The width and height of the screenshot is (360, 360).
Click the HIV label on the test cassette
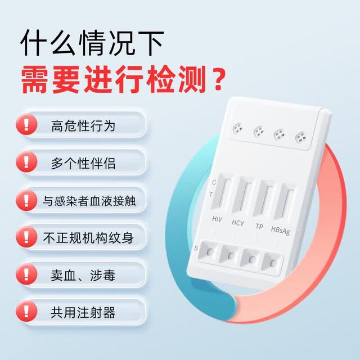[217, 219]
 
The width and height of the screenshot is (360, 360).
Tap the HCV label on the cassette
[237, 223]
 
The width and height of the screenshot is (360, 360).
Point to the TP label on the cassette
[259, 226]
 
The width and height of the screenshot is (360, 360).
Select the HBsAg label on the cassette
[280, 231]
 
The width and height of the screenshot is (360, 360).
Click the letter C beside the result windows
[214, 182]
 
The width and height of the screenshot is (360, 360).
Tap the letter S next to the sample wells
[196, 248]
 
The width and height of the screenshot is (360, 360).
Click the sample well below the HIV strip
[210, 252]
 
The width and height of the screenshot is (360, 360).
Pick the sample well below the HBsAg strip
[273, 263]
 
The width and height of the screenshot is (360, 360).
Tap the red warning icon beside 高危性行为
[26, 124]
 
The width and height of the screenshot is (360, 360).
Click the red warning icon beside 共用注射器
[26, 311]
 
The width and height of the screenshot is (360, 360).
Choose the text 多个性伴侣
[83, 164]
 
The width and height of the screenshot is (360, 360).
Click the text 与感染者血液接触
[89, 201]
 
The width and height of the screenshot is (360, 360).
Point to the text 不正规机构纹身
[88, 238]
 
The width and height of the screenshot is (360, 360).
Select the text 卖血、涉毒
[83, 275]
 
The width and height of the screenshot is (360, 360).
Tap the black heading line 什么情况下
[92, 43]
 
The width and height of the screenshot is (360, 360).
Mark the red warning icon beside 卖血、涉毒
[26, 274]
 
